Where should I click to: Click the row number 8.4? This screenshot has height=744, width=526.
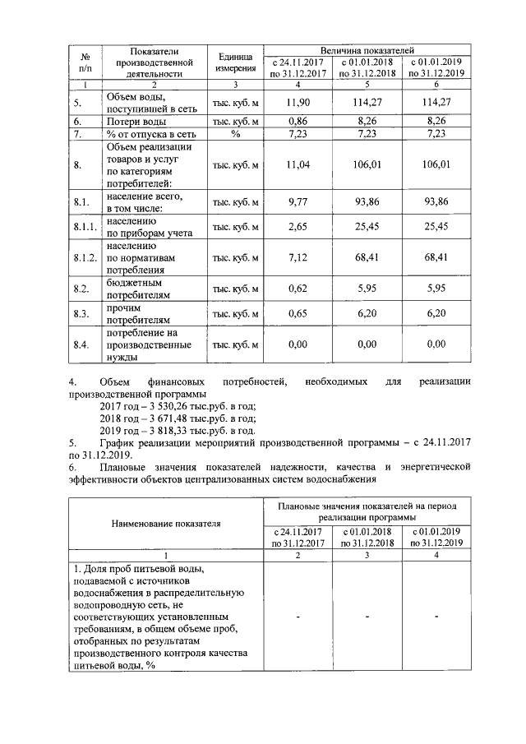pyautogui.click(x=80, y=344)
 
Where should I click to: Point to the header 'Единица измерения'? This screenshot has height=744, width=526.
pyautogui.click(x=235, y=62)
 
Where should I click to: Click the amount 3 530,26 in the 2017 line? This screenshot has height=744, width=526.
pyautogui.click(x=169, y=406)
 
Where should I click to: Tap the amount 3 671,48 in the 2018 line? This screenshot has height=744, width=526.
pyautogui.click(x=169, y=418)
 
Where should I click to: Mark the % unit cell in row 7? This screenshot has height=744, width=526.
pyautogui.click(x=235, y=133)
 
